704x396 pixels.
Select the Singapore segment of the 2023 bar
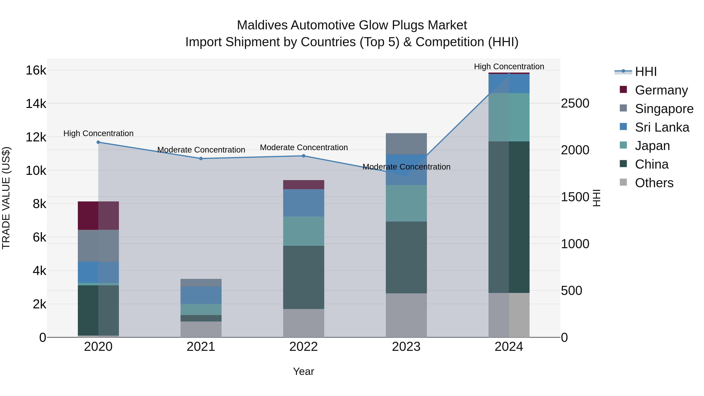pos(406,144)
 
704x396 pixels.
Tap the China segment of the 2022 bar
pos(303,277)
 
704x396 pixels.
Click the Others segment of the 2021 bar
pos(201,329)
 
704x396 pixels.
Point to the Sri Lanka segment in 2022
pos(303,203)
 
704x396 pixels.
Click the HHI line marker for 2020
pos(98,142)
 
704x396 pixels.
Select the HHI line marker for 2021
pos(201,159)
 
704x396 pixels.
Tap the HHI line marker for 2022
pos(303,156)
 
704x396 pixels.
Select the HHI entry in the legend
pos(646,72)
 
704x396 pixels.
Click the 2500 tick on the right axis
pos(575,103)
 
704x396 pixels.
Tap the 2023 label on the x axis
pos(406,347)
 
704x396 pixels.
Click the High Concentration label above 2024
pos(509,66)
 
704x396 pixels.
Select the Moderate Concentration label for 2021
pos(201,150)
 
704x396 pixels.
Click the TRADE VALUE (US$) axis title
pos(6,198)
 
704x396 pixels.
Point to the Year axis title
pos(303,371)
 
